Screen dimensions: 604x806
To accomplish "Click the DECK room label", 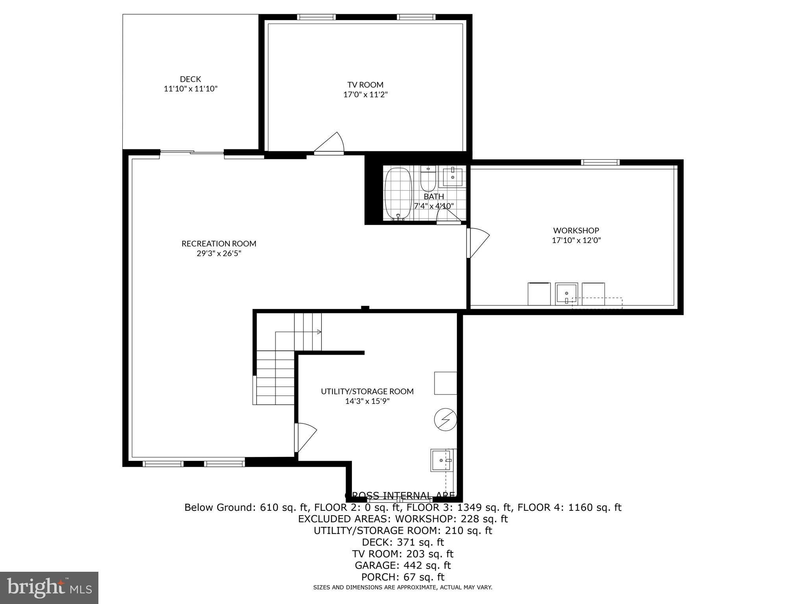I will pyautogui.click(x=190, y=79).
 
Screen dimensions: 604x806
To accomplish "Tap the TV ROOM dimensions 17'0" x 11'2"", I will pyautogui.click(x=365, y=94).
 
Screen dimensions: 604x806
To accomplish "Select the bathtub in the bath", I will pyautogui.click(x=398, y=193).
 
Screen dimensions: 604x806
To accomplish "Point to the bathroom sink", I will pyautogui.click(x=453, y=177).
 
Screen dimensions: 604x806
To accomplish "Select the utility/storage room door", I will pyautogui.click(x=305, y=437).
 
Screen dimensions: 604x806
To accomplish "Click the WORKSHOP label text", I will pyautogui.click(x=576, y=230).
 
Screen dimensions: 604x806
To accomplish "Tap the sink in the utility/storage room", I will pyautogui.click(x=441, y=460).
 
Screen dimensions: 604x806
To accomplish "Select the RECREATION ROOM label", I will pyautogui.click(x=219, y=243).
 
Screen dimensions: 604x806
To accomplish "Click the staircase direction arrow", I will pyautogui.click(x=319, y=332).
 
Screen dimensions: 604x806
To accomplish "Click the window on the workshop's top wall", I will pyautogui.click(x=600, y=162).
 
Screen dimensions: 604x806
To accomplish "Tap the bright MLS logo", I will pyautogui.click(x=49, y=587).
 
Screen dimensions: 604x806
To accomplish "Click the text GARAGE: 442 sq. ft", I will pyautogui.click(x=403, y=565).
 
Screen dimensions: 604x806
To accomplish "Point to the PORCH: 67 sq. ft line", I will pyautogui.click(x=403, y=577).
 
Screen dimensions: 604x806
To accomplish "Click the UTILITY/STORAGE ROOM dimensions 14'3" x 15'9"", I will pyautogui.click(x=367, y=401).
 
